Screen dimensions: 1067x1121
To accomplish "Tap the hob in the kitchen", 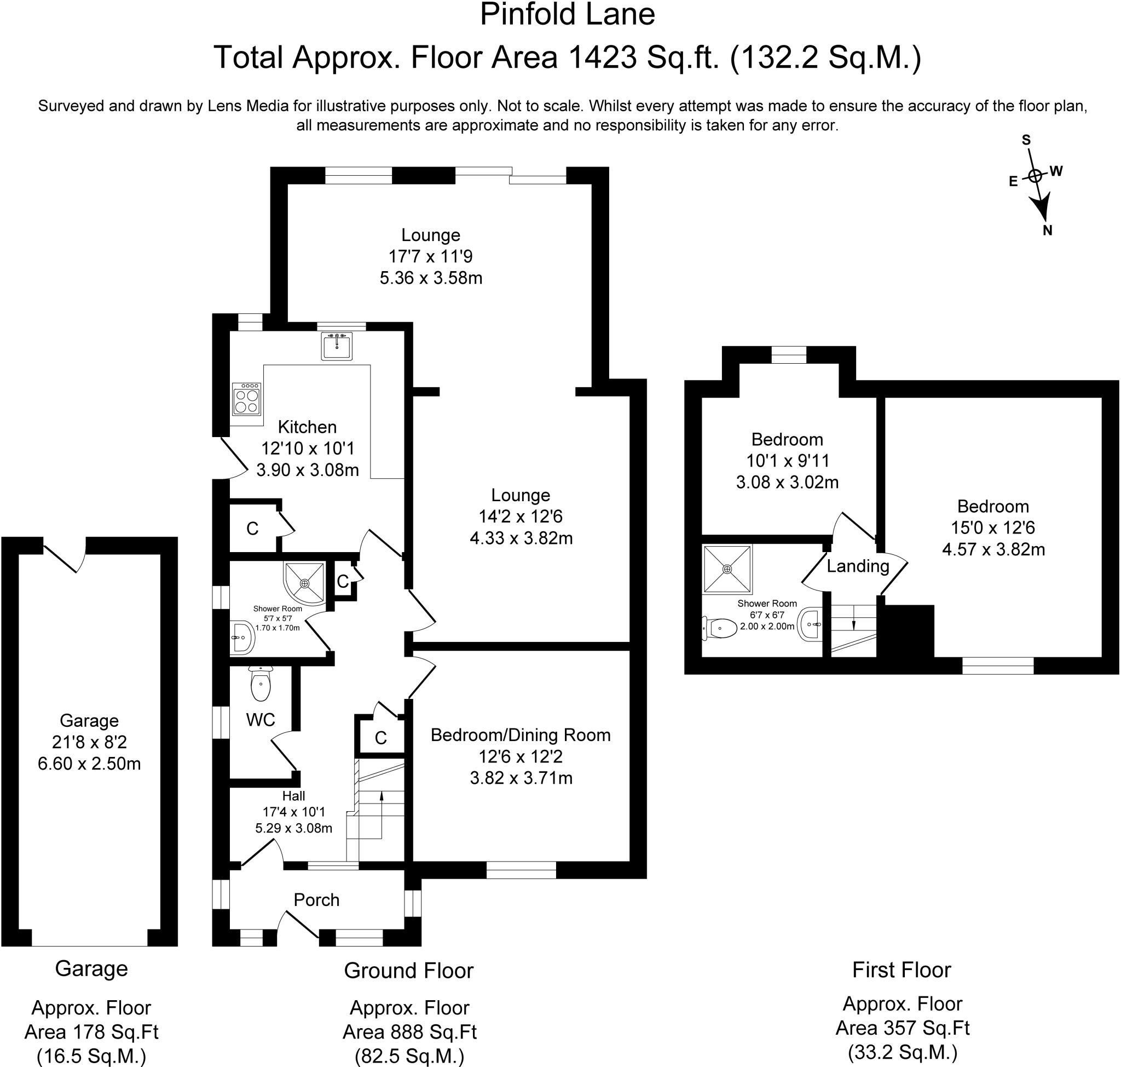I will (x=247, y=399).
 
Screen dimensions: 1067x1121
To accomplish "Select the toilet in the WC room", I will (x=261, y=685).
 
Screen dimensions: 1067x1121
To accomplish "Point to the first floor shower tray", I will (x=727, y=568).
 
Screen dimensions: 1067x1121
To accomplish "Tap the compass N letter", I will (x=1047, y=231).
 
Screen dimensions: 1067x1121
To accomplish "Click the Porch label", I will (x=316, y=900).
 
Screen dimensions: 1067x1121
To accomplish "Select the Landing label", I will (x=857, y=566).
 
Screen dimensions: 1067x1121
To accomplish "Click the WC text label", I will (x=261, y=720).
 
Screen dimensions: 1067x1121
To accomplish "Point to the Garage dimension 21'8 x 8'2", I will (x=89, y=742).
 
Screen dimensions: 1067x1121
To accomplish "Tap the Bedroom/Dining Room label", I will (x=520, y=735).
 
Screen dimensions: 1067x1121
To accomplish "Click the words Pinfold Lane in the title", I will (x=567, y=15).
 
